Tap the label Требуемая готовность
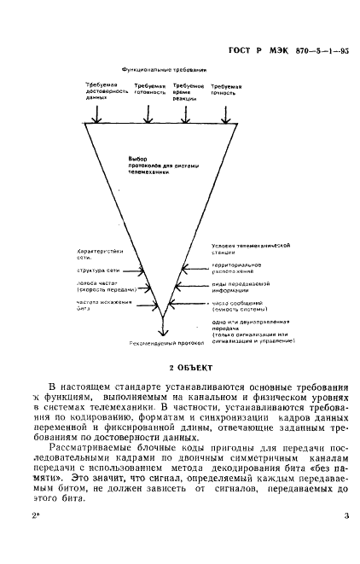coord(149,91)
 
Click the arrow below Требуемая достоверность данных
coord(103,114)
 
